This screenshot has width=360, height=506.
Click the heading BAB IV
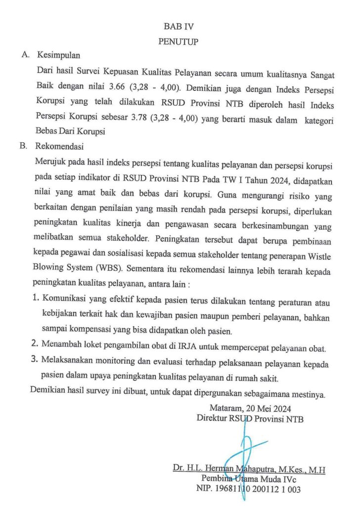[179, 27]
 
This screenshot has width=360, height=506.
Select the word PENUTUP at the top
[179, 42]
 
